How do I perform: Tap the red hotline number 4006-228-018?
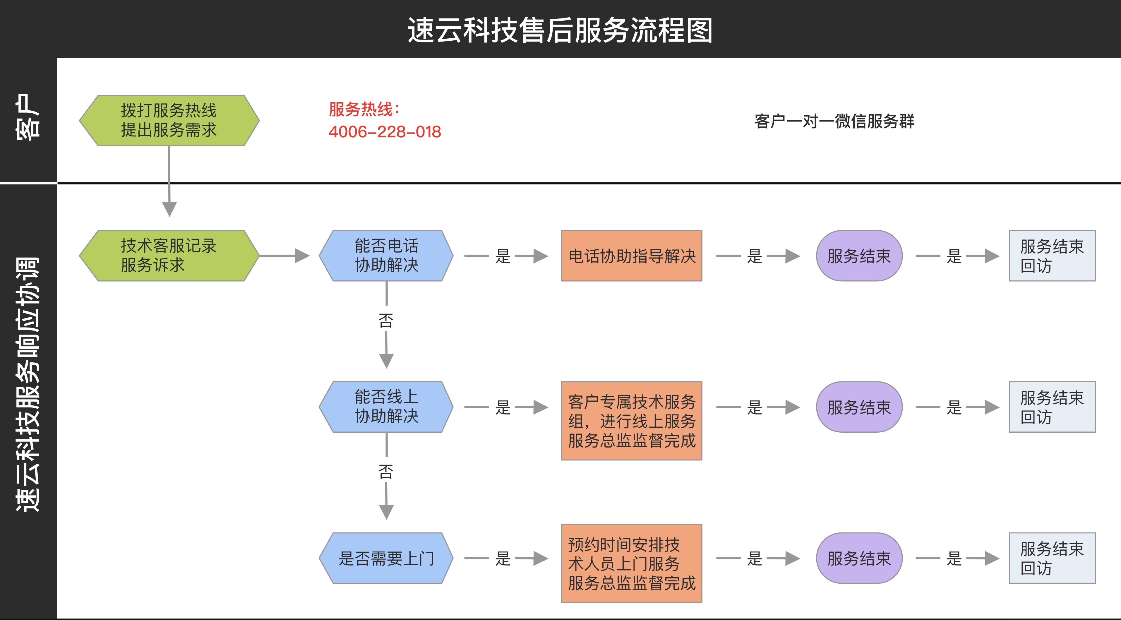[x=385, y=132]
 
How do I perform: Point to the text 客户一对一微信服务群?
[x=834, y=121]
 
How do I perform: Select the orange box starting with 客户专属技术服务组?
[x=631, y=421]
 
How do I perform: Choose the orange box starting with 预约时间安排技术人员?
[x=631, y=564]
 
